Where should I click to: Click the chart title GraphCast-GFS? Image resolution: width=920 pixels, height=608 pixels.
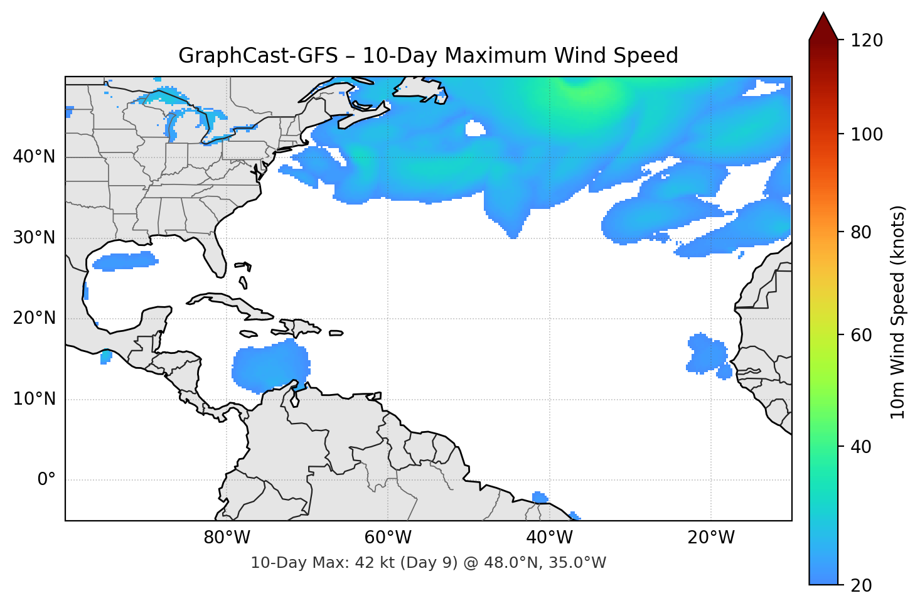428,56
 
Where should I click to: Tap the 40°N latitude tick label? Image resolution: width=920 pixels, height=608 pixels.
34,157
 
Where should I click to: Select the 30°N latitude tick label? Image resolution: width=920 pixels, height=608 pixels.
34,238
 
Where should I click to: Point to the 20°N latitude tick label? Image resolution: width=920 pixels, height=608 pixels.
34,318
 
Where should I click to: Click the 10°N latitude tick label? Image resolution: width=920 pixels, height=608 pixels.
34,399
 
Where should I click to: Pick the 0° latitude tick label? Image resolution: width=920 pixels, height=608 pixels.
46,480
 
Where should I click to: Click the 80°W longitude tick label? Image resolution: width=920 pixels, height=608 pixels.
227,538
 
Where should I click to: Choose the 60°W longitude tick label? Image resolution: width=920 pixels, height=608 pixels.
388,538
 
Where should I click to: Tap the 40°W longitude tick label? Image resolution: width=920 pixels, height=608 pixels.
549,538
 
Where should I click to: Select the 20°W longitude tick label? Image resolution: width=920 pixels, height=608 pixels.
711,538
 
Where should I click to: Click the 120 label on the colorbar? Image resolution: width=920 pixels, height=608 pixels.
867,41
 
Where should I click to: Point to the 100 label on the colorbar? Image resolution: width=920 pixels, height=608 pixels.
867,134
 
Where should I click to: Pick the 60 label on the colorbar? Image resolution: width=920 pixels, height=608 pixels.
860,335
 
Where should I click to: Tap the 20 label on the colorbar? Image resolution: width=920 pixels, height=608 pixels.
860,585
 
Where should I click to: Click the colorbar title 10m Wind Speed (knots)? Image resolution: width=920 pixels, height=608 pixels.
898,312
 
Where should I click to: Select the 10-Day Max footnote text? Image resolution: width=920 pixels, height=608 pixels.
428,563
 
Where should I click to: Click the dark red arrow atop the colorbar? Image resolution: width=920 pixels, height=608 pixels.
823,27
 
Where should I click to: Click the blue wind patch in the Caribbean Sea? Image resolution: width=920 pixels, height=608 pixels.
270,367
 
